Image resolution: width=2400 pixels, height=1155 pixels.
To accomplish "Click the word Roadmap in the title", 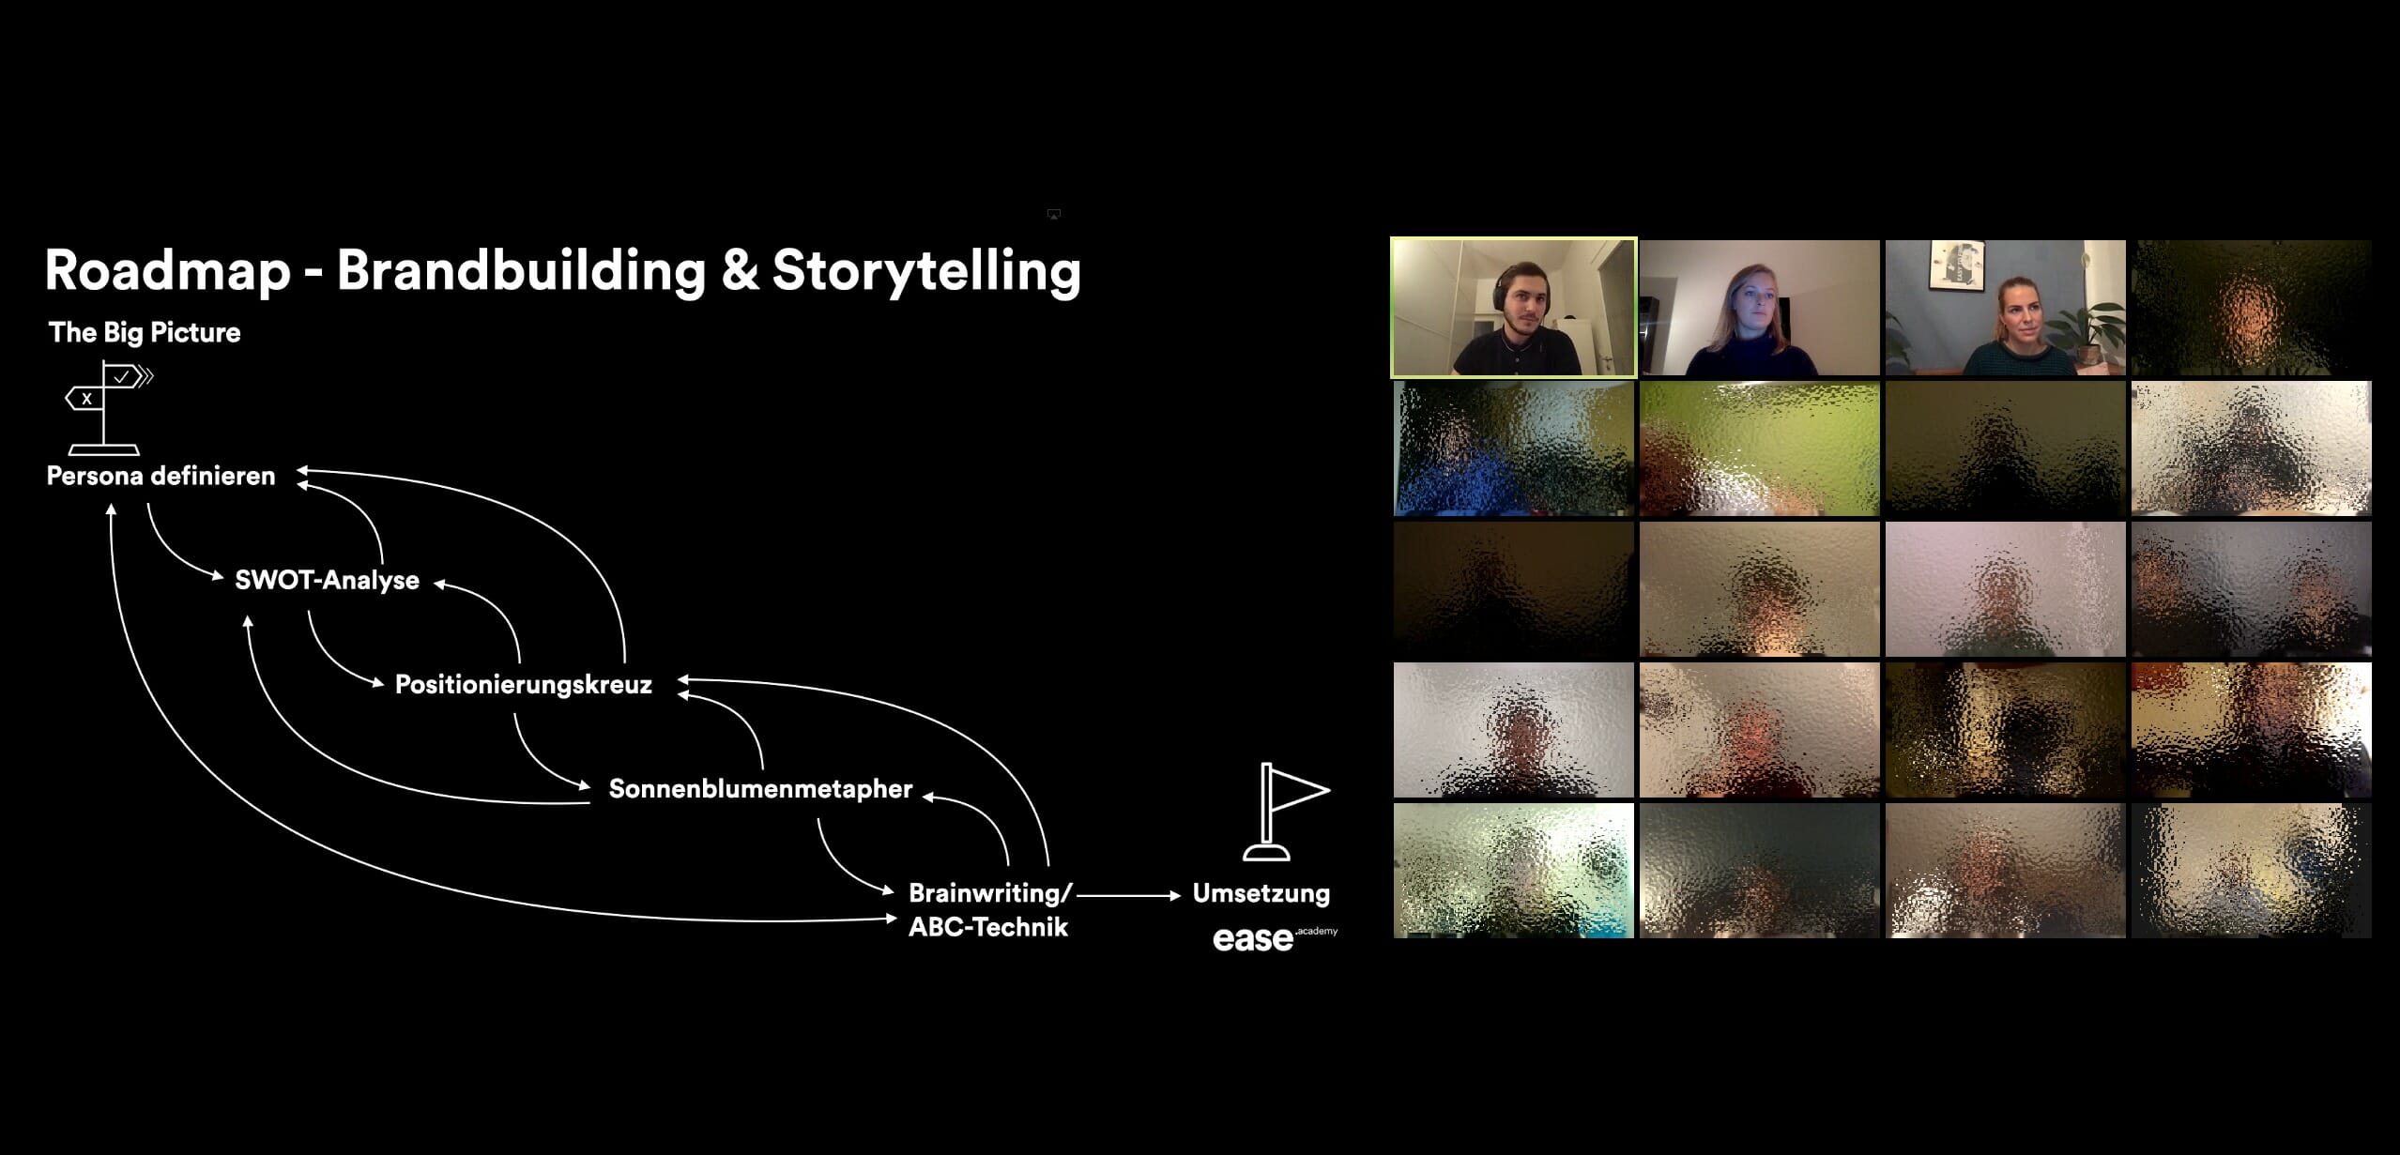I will [167, 272].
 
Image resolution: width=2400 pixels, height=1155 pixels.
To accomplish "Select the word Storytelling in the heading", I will [925, 272].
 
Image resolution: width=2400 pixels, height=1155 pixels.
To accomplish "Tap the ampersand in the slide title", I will [740, 272].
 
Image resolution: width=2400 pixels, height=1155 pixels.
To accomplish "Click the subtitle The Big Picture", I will [145, 333].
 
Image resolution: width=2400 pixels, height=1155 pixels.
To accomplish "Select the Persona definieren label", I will [161, 477].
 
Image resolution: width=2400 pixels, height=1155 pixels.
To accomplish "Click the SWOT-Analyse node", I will [327, 581].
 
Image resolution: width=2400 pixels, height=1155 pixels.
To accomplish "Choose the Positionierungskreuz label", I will [523, 685].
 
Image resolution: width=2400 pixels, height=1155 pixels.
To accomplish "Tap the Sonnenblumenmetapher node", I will [760, 789].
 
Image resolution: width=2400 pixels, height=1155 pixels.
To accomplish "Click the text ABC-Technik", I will [987, 928].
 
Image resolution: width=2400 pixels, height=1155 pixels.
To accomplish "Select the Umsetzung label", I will [1261, 893].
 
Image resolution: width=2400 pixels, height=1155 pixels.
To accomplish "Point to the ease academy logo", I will [1272, 938].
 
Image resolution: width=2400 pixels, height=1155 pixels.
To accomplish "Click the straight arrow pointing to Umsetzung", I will [1128, 896].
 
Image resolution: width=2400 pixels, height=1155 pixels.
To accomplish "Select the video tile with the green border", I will [1513, 308].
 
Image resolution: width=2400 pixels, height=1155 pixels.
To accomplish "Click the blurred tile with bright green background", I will [1759, 448].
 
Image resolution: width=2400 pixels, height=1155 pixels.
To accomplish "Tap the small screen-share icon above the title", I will [1053, 215].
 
